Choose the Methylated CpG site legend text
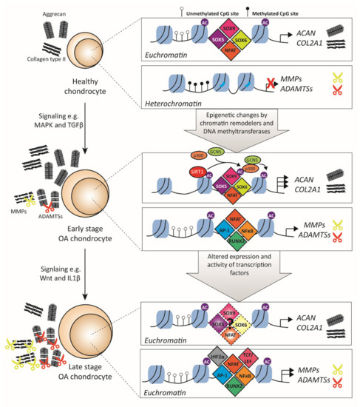pos(296,6)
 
